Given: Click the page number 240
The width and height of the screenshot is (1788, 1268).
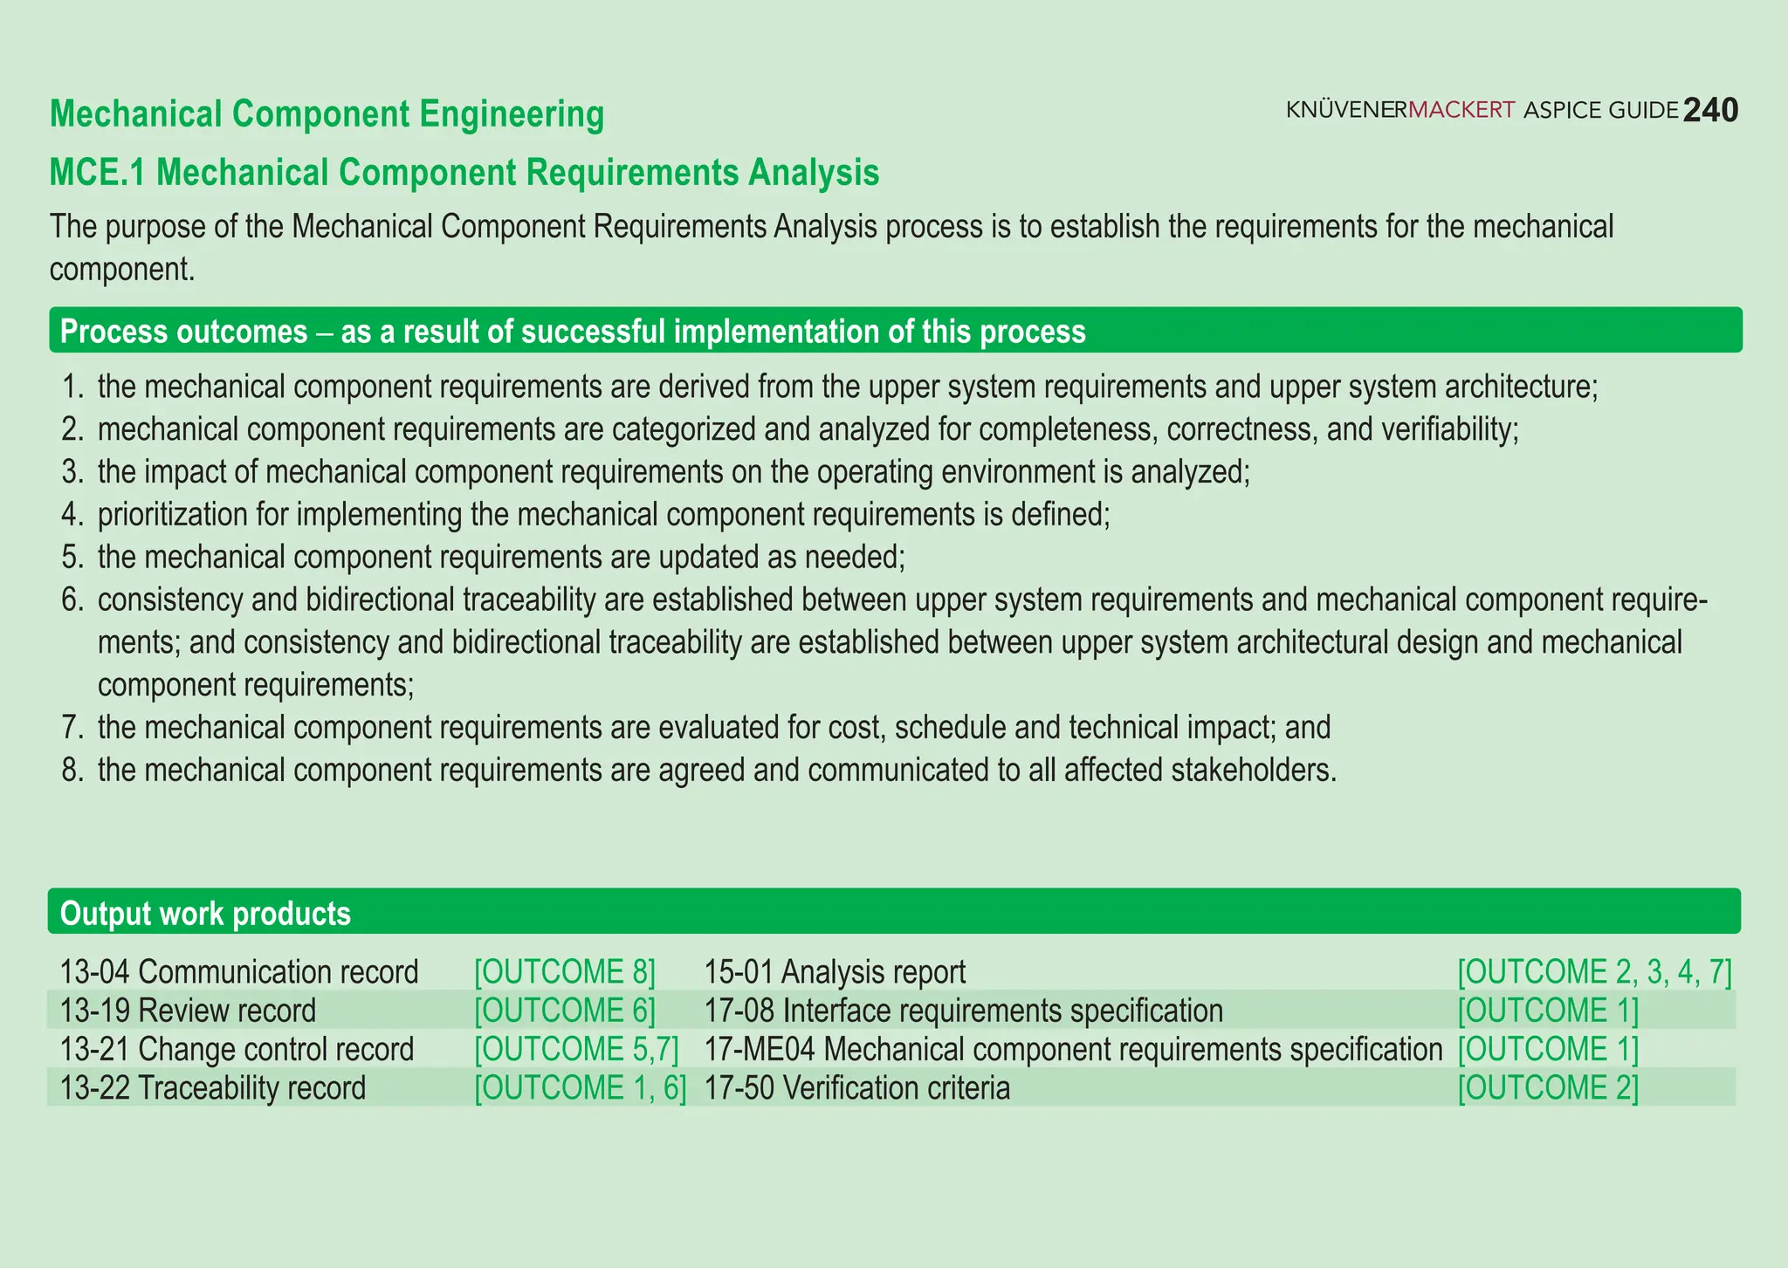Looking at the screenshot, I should coord(1710,111).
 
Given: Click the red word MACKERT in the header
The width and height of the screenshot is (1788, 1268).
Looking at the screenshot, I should coord(1461,110).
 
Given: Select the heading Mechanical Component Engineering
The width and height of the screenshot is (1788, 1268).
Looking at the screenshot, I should coord(327,114).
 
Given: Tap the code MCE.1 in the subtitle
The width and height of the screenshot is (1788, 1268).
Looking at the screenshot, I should coord(97,173).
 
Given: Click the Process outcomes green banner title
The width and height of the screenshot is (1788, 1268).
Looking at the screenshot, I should coord(572,332).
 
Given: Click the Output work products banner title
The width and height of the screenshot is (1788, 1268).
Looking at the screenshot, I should coord(205,914).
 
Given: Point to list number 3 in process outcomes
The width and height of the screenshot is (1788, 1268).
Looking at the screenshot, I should coord(72,472).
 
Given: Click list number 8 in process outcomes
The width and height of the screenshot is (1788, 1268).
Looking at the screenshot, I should coord(72,771).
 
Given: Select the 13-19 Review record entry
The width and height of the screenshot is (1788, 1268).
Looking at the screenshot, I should coord(188,1011).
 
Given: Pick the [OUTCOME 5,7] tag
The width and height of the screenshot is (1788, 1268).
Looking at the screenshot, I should coord(576,1049).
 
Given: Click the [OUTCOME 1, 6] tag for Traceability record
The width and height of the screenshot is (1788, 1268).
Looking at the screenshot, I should coord(580,1088).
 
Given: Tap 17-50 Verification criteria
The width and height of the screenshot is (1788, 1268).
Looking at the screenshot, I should coord(856,1088).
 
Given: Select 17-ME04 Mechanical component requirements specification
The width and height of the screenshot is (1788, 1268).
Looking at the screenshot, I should coord(1073,1049).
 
